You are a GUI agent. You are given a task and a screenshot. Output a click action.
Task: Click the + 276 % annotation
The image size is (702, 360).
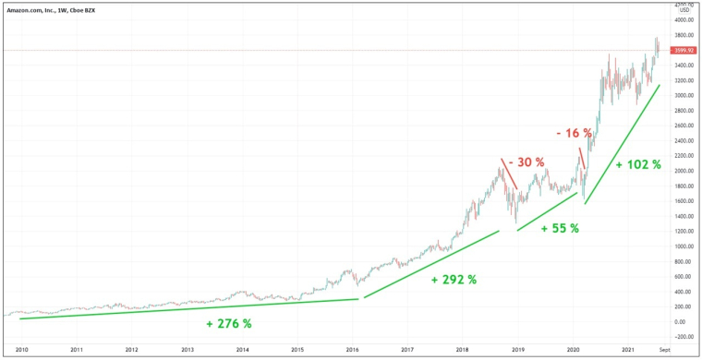pyautogui.click(x=229, y=324)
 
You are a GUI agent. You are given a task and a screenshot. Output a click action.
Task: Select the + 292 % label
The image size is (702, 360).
pyautogui.click(x=454, y=279)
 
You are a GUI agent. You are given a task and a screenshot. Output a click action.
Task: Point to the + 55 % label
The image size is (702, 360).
pyautogui.click(x=560, y=228)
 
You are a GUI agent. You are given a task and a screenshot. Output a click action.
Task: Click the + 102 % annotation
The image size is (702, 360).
pyautogui.click(x=638, y=164)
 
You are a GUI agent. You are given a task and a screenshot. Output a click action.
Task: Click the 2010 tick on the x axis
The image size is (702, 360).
pyautogui.click(x=22, y=351)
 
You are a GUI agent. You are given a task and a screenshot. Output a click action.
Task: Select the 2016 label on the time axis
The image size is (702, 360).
pyautogui.click(x=352, y=351)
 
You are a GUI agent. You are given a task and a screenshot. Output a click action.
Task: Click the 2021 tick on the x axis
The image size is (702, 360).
pyautogui.click(x=628, y=351)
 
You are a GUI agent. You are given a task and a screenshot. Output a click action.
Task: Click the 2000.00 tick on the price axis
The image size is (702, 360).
pyautogui.click(x=684, y=171)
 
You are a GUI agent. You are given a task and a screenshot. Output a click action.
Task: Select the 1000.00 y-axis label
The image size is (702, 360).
pyautogui.click(x=684, y=246)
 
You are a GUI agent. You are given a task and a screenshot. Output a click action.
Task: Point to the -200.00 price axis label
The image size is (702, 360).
pyautogui.click(x=684, y=337)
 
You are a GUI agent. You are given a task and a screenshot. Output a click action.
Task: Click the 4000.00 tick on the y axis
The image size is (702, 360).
pyautogui.click(x=684, y=19)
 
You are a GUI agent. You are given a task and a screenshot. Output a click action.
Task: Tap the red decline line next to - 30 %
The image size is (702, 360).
pyautogui.click(x=509, y=174)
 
